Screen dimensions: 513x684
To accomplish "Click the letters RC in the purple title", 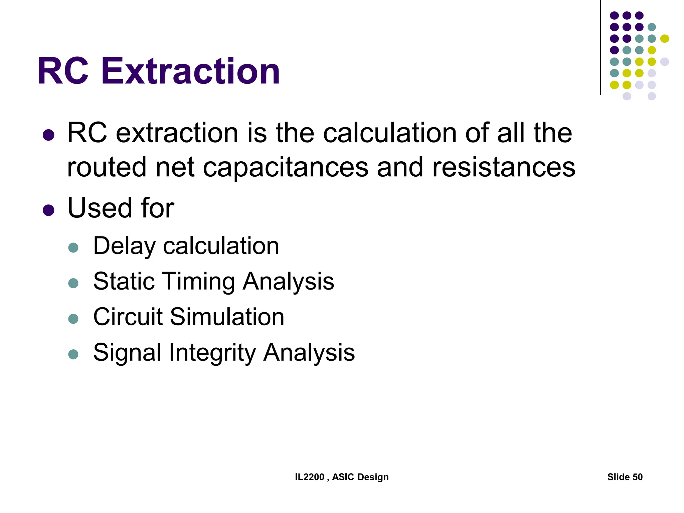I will (63, 71).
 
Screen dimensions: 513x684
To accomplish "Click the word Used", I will (100, 208).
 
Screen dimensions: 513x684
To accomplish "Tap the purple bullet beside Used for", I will (49, 210).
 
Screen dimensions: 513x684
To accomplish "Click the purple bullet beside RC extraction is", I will (49, 135).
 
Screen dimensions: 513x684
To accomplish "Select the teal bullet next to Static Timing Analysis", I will (73, 283).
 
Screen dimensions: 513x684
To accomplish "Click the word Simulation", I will (227, 317).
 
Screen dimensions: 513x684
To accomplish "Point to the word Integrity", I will (212, 352).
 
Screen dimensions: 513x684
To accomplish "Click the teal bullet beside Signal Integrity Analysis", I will (73, 354).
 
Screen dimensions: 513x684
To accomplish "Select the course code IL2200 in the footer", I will (310, 477).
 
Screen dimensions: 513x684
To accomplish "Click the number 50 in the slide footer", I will (637, 477).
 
